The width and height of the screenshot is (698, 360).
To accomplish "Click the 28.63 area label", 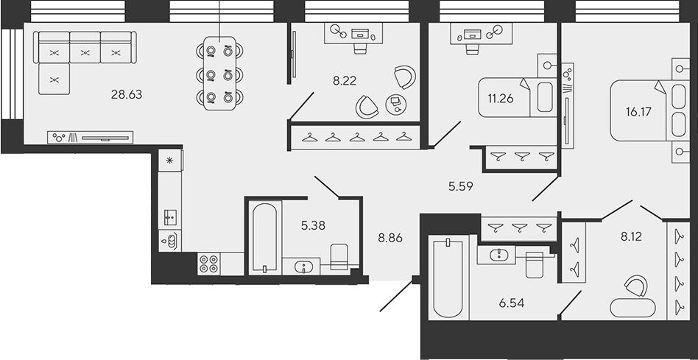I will (126, 94).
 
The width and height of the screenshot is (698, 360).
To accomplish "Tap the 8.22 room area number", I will (345, 82).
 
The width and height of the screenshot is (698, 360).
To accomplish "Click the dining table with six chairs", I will (219, 73).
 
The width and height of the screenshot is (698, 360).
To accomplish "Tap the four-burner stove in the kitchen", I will (208, 264).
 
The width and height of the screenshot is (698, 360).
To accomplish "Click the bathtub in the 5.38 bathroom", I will (264, 237).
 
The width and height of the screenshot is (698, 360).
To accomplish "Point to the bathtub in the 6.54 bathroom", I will (447, 277).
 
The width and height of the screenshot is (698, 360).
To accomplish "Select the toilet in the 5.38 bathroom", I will (339, 258).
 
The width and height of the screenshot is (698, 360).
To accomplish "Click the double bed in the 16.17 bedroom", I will (641, 110).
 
